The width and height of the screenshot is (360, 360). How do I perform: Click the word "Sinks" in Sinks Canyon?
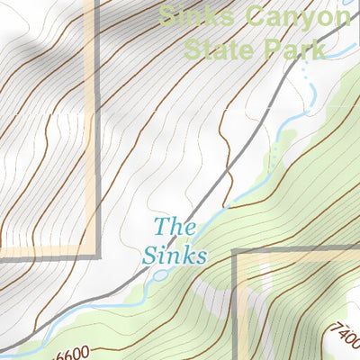point(189,15)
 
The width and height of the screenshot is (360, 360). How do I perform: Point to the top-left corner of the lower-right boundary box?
point(236,254)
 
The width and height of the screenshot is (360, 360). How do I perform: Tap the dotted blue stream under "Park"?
point(310,81)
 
